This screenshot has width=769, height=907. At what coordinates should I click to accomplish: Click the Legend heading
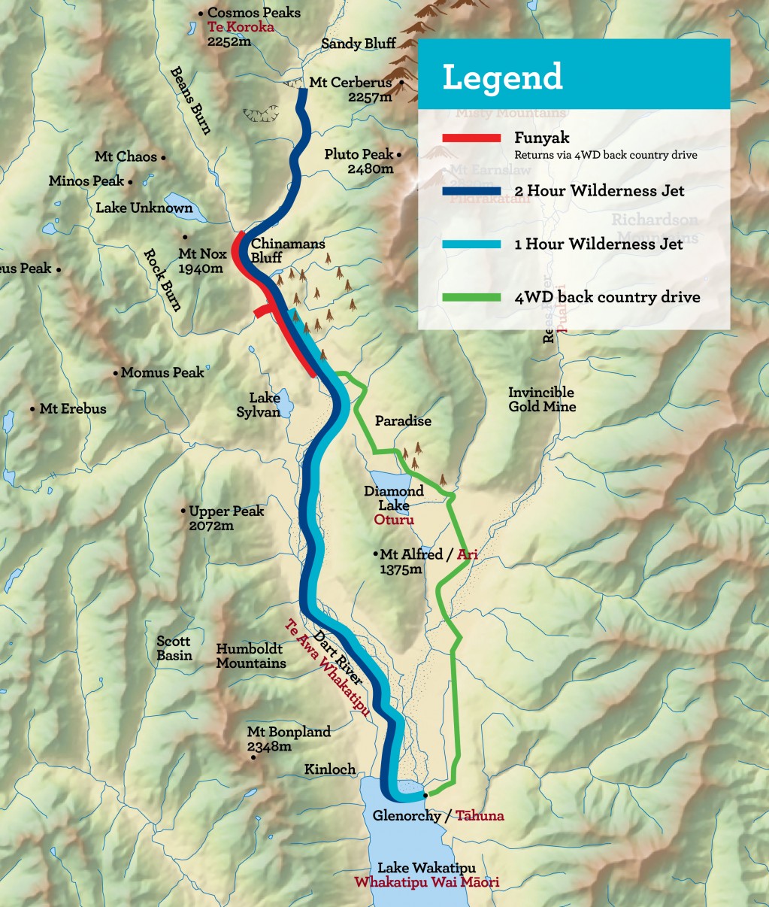(x=502, y=77)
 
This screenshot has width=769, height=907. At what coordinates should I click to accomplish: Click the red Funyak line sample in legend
(x=471, y=138)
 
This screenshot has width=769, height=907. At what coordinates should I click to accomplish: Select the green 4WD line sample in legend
(x=471, y=297)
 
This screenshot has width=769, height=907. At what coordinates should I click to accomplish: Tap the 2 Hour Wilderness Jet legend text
(x=599, y=191)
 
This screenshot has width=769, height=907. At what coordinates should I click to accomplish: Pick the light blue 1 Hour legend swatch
(x=471, y=244)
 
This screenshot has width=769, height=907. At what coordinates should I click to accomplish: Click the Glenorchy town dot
(x=425, y=795)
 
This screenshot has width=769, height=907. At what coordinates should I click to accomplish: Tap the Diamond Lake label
(x=394, y=498)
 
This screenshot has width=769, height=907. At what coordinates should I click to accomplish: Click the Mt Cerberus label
(x=351, y=83)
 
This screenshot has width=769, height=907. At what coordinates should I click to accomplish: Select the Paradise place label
(x=403, y=421)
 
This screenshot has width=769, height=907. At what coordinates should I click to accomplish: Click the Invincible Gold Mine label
(x=541, y=399)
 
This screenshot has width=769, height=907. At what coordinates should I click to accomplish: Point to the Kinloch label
(x=329, y=769)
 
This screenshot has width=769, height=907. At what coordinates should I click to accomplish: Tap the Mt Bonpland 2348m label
(x=289, y=739)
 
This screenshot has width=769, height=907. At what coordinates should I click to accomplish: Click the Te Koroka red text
(x=241, y=27)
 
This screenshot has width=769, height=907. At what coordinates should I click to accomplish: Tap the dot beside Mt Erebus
(x=32, y=409)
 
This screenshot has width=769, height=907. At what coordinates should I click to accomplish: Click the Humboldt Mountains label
(x=250, y=656)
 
